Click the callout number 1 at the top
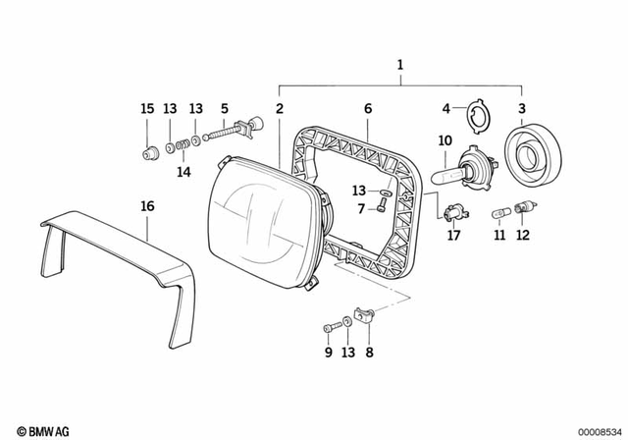click(x=400, y=66)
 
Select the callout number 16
click(x=147, y=206)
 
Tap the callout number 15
click(x=146, y=108)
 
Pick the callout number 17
click(x=453, y=236)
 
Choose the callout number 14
click(x=182, y=172)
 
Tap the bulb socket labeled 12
click(x=520, y=208)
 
